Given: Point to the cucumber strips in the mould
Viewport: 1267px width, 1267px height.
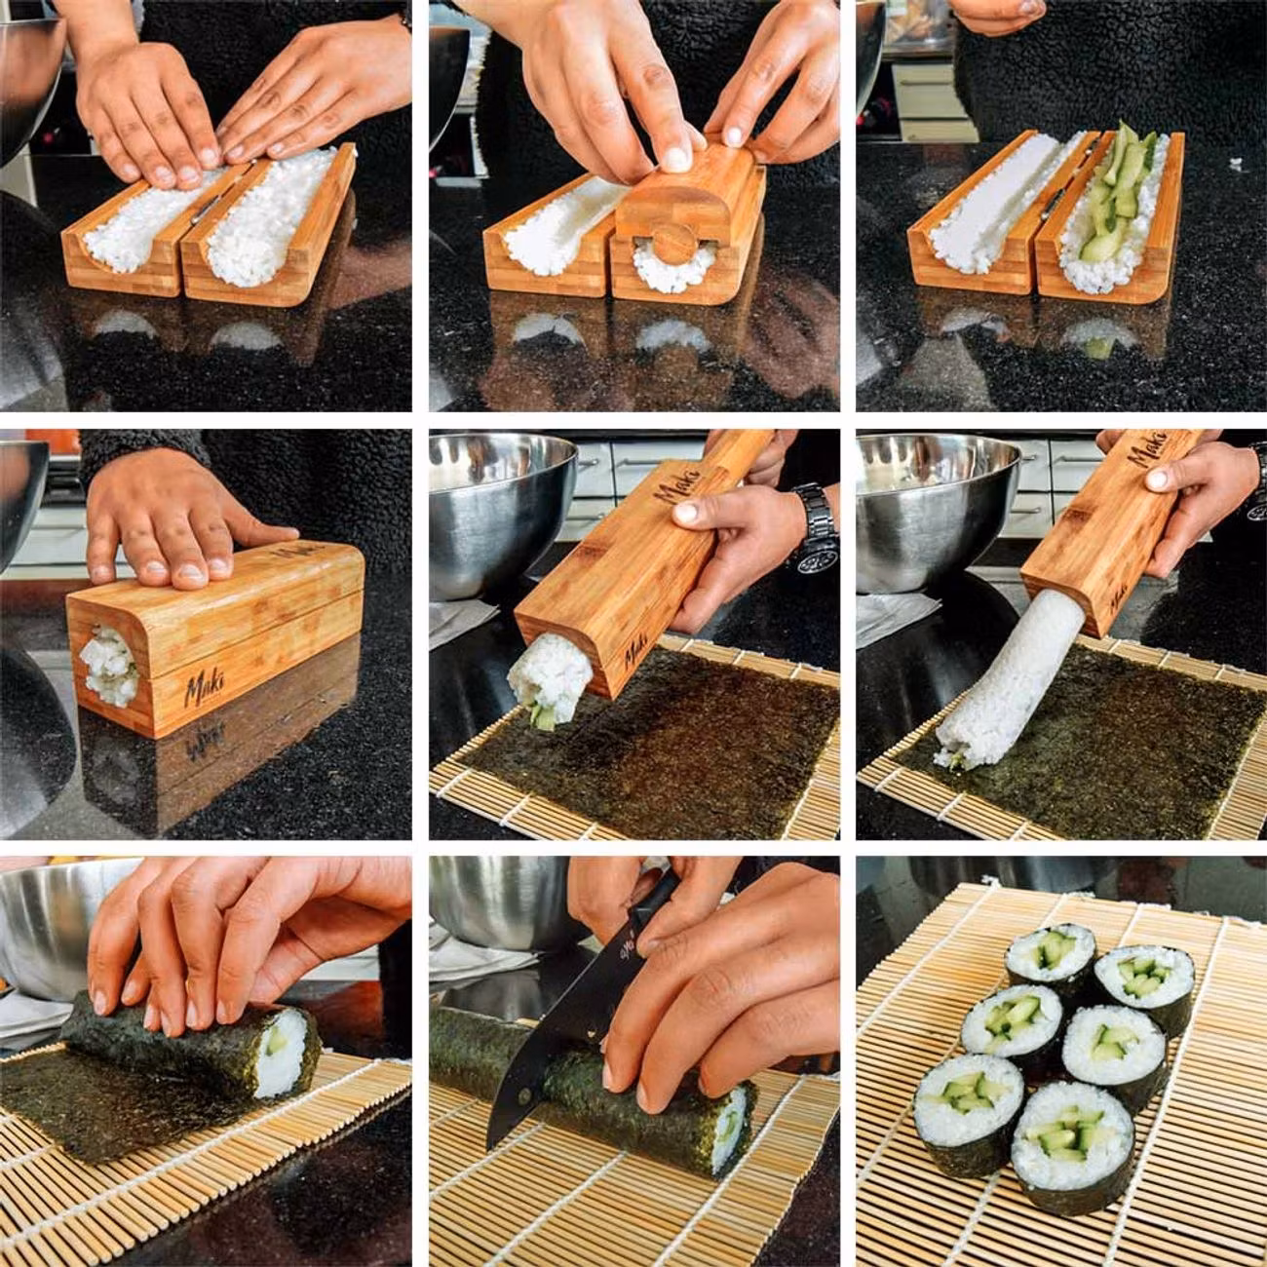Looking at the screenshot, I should point(1121,195).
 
